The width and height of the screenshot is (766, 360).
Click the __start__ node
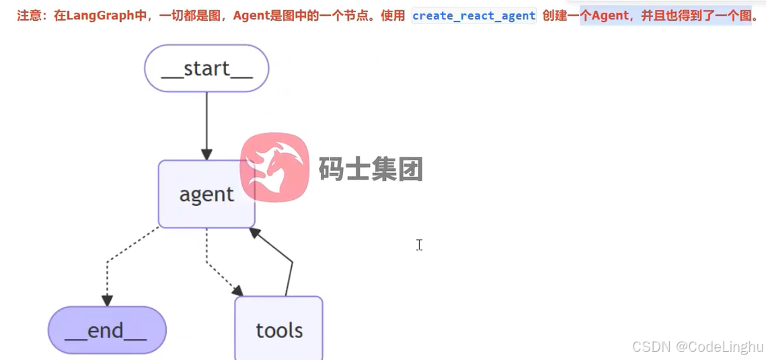[x=206, y=68]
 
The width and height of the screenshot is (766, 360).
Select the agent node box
[x=206, y=194]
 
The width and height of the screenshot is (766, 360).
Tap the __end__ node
[x=106, y=330]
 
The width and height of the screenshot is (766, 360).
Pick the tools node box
[x=278, y=330]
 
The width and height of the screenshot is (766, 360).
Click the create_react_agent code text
[x=473, y=15]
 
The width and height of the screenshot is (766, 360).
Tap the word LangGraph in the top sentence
[x=96, y=15]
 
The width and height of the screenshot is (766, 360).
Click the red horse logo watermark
[x=274, y=167]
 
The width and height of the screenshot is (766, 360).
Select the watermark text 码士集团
[x=371, y=169]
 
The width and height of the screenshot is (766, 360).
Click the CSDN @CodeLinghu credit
[x=697, y=347]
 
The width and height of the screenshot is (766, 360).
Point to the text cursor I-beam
[x=419, y=245]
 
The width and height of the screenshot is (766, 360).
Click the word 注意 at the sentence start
[x=28, y=15]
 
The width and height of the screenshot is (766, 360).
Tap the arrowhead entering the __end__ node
[x=106, y=300]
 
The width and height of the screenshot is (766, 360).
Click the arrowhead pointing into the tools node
[x=237, y=291]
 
